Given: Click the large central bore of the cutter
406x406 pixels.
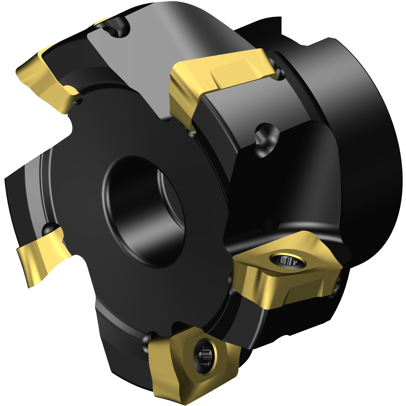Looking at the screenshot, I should (144, 211).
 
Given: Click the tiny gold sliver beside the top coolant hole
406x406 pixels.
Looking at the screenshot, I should (101, 22).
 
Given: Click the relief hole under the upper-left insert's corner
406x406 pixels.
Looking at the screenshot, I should (78, 101).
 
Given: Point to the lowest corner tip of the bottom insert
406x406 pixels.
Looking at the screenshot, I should (194, 401).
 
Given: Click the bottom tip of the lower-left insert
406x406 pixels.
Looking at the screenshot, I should (29, 286).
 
